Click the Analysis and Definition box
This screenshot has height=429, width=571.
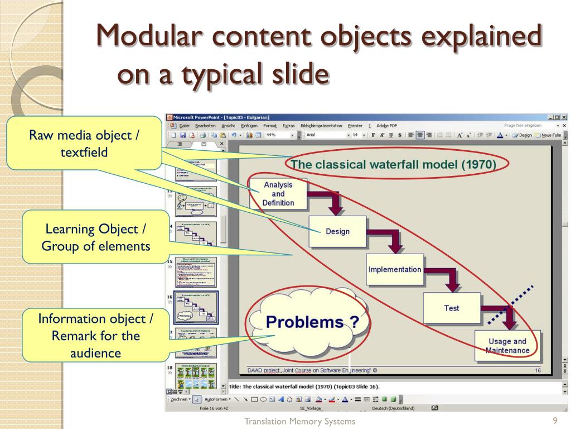tap(278, 194)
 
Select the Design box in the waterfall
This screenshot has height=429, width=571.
tap(338, 231)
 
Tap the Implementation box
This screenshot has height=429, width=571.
tap(395, 269)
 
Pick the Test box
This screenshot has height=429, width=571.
tap(452, 308)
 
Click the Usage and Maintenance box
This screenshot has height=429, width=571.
tap(507, 346)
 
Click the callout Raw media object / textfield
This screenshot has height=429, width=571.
tap(84, 143)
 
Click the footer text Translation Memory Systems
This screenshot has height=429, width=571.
tap(299, 421)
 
